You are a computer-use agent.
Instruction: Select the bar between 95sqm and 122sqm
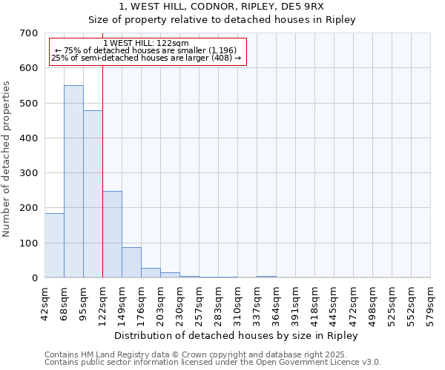coord(93,194)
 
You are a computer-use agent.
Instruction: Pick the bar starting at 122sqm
coord(112,234)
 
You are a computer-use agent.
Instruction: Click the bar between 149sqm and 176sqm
coord(131,262)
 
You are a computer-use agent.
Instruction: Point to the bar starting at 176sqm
coord(151,272)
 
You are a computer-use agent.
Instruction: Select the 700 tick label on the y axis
coord(28,33)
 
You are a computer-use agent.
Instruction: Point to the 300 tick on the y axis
coord(28,173)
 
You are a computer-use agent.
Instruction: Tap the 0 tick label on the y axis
coord(34,278)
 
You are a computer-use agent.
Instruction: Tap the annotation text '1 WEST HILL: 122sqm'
coord(146,43)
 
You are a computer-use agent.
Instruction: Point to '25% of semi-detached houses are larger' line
coord(146,58)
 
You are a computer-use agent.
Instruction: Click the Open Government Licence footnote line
coord(213,363)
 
